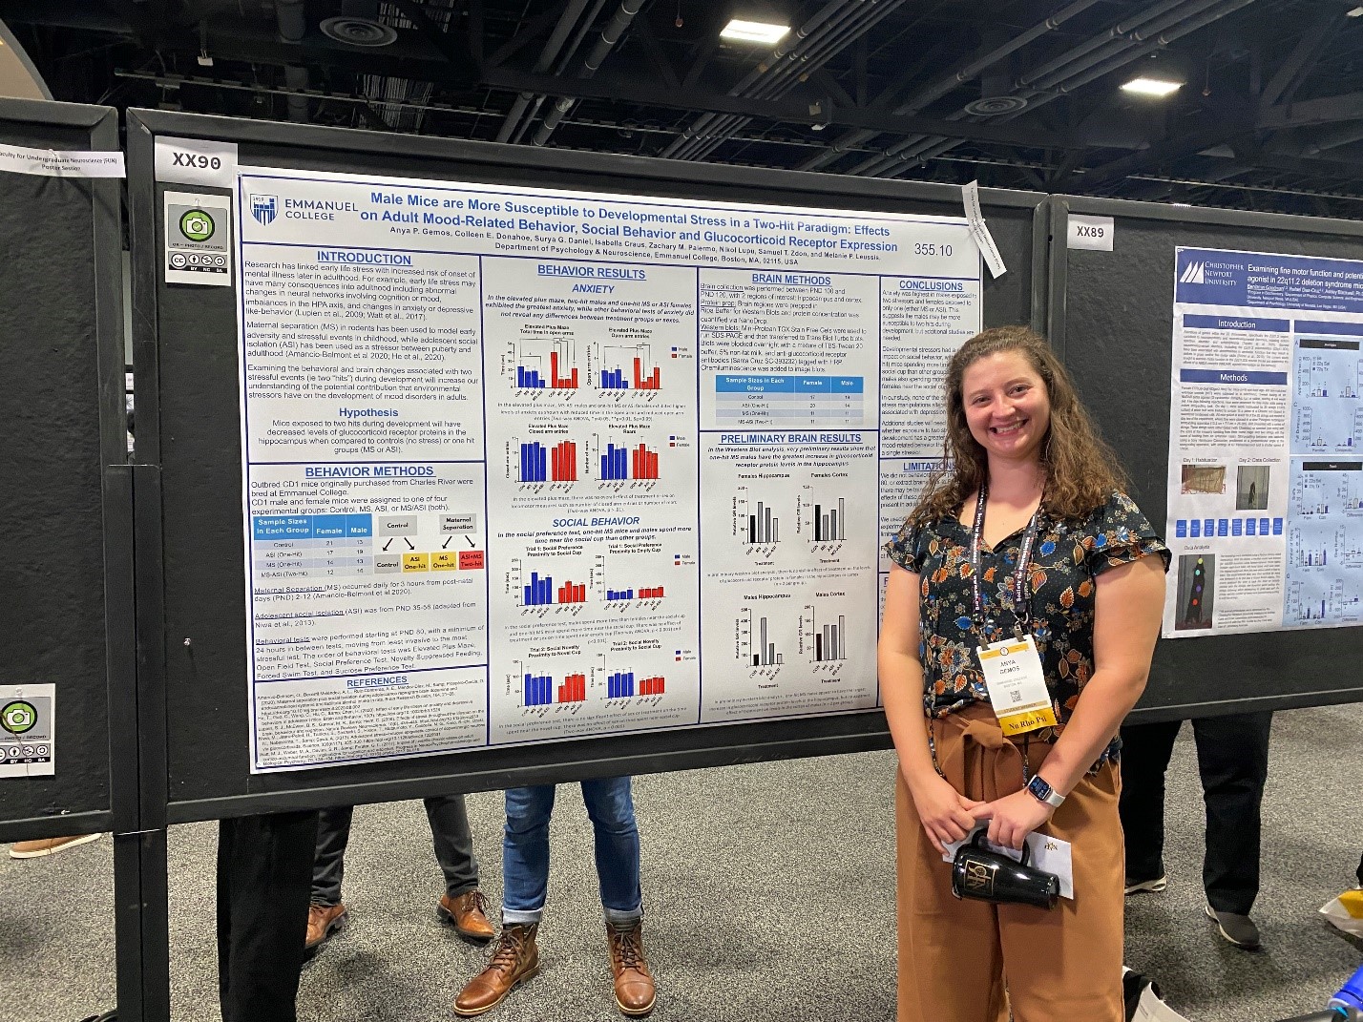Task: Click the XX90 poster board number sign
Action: click(x=197, y=161)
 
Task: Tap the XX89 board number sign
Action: click(x=1090, y=232)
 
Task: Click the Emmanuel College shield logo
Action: click(x=264, y=208)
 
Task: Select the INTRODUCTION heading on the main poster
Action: click(x=364, y=258)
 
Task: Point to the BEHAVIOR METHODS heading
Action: click(x=369, y=471)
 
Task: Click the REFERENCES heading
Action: click(x=377, y=682)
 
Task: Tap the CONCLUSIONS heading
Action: click(x=931, y=285)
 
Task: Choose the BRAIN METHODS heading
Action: click(x=792, y=280)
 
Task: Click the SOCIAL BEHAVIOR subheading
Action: click(x=596, y=522)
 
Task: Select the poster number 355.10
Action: click(x=933, y=250)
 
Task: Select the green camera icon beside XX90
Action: click(x=198, y=225)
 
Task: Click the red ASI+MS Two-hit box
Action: click(x=472, y=559)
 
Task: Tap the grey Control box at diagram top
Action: click(x=398, y=525)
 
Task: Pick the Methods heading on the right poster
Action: click(x=1233, y=378)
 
